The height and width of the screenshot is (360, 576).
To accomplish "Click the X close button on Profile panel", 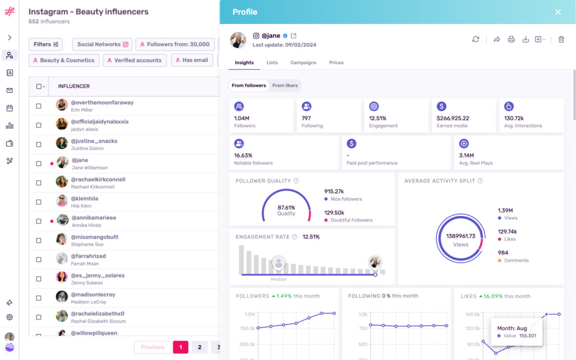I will click(x=558, y=12).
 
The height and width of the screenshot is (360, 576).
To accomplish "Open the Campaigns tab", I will click(x=303, y=62).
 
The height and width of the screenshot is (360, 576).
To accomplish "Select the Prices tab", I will click(x=336, y=62).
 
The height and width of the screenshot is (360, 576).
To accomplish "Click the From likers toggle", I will click(x=285, y=85).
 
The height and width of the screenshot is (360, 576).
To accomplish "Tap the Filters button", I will click(x=46, y=44).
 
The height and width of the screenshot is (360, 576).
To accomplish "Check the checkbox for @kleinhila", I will click(x=39, y=202).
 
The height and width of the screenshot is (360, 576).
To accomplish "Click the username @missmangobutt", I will click(x=95, y=237).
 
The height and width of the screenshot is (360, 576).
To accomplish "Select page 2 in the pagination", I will click(x=200, y=347).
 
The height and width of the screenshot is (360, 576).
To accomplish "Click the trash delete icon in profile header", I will click(x=561, y=39).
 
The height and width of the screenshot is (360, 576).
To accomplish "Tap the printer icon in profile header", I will click(x=511, y=39).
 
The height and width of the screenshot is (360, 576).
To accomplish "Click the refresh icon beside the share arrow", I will click(x=476, y=39).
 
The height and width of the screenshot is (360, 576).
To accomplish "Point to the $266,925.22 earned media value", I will click(x=453, y=118).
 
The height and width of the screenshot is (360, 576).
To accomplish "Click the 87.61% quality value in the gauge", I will click(x=286, y=207).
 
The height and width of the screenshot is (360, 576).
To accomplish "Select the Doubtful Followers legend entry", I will click(x=351, y=220).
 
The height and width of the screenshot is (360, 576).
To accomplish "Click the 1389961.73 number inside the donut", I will click(x=460, y=236).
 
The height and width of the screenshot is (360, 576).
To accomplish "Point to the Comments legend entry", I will click(x=516, y=260).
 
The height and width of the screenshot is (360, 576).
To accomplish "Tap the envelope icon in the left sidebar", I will click(x=10, y=91).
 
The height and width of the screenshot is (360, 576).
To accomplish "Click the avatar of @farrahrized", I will click(x=62, y=259).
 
